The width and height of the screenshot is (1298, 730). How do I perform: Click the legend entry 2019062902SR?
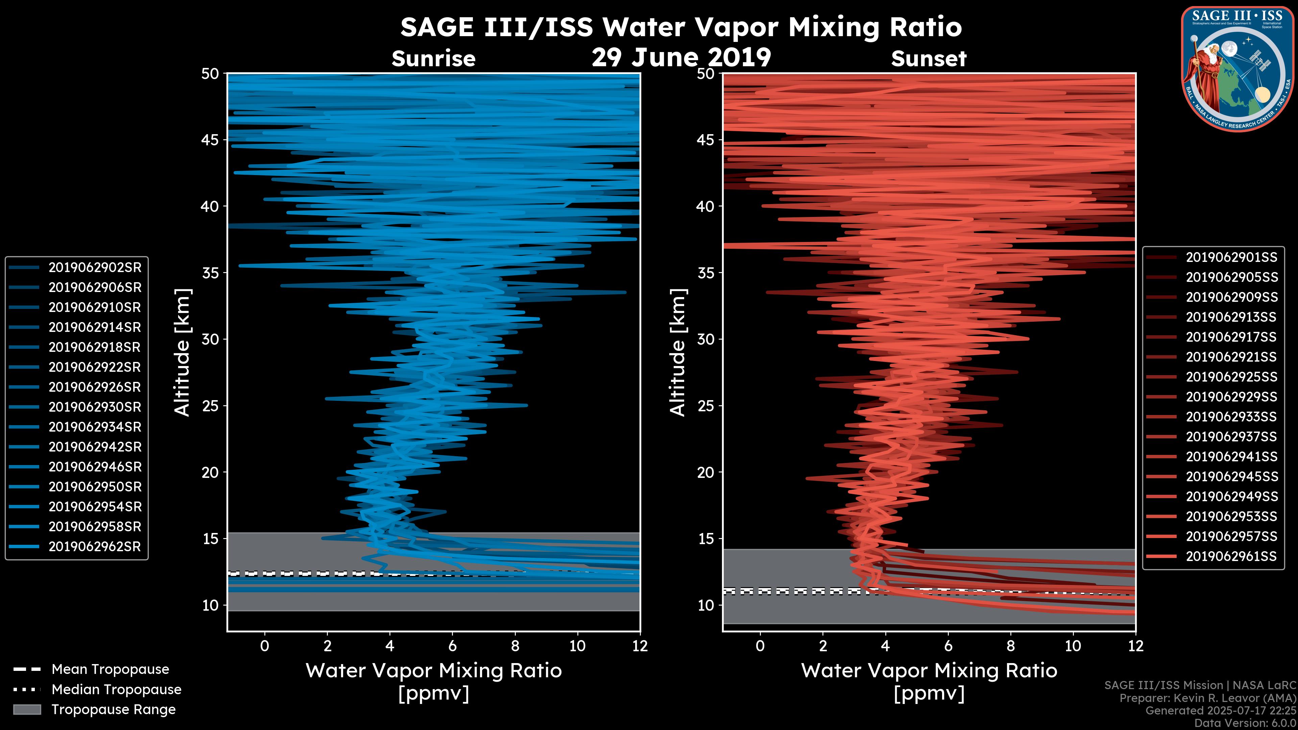(94, 268)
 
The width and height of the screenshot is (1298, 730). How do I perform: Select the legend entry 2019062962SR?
(94, 546)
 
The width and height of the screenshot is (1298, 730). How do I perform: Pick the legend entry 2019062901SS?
(1231, 258)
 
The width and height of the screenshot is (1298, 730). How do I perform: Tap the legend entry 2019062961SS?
(1231, 556)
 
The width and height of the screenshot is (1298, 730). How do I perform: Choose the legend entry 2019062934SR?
(94, 427)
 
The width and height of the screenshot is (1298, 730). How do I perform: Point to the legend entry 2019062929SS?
(1231, 397)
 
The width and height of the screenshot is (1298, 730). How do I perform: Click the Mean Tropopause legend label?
(110, 670)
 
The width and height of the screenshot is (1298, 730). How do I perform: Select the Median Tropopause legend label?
(116, 690)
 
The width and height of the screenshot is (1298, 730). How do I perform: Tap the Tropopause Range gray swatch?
(27, 709)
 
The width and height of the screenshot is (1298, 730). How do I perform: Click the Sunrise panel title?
(433, 59)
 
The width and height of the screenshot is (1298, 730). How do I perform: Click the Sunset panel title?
(929, 59)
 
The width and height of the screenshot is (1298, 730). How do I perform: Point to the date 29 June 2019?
(681, 58)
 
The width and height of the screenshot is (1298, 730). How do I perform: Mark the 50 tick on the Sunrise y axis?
(211, 74)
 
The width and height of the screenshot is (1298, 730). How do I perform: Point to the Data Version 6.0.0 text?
(1246, 723)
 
